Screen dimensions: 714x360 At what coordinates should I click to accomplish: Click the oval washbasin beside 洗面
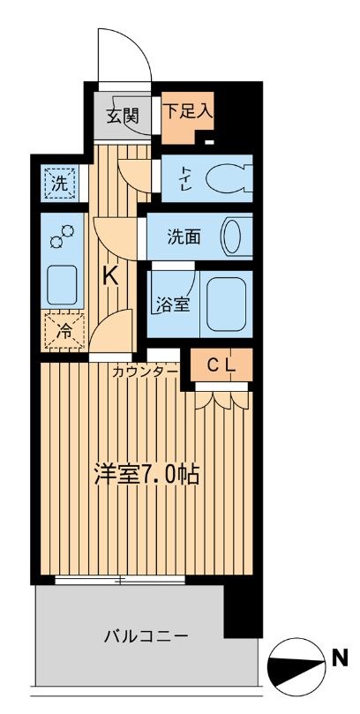232,237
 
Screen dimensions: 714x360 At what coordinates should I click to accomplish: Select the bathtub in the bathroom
225,304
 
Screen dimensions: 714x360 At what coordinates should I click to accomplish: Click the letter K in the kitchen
111,276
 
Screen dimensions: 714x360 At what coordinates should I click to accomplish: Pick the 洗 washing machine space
58,184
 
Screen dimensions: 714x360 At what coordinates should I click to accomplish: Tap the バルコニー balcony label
146,636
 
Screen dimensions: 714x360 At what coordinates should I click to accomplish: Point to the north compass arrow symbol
295,667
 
